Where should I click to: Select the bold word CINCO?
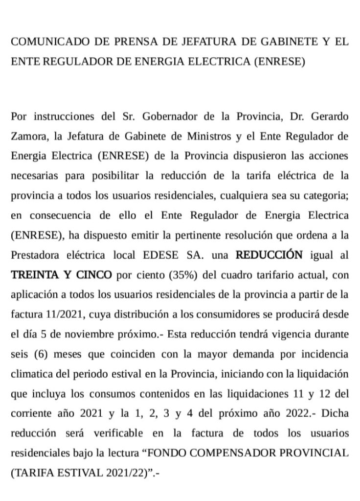92,274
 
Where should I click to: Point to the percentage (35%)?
182,274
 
